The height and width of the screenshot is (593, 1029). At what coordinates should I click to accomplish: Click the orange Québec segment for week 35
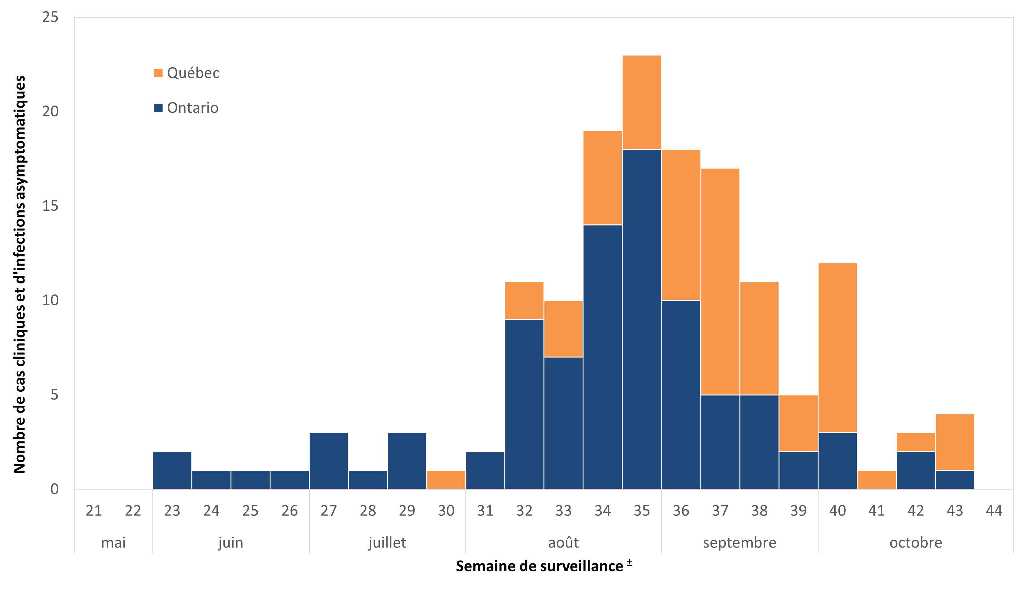(x=642, y=102)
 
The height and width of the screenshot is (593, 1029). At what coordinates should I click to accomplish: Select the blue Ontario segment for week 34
(x=603, y=356)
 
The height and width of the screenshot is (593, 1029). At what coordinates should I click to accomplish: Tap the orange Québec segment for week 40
(x=837, y=348)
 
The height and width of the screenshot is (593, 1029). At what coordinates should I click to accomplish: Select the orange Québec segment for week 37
(x=720, y=281)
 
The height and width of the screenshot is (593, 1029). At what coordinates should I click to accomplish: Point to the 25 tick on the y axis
(x=51, y=17)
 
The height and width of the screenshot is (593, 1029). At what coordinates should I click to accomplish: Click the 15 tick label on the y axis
(x=51, y=206)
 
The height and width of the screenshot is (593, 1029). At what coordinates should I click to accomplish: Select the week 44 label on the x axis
(x=994, y=510)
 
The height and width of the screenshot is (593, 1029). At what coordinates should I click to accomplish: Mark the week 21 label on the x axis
(x=94, y=510)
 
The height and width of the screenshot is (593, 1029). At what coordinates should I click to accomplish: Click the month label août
(x=563, y=542)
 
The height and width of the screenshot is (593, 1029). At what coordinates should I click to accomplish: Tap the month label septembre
(x=739, y=542)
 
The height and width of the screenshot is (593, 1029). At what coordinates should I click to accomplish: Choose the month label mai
(x=113, y=542)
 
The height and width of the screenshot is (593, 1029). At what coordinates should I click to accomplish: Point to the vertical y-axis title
(x=19, y=274)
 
